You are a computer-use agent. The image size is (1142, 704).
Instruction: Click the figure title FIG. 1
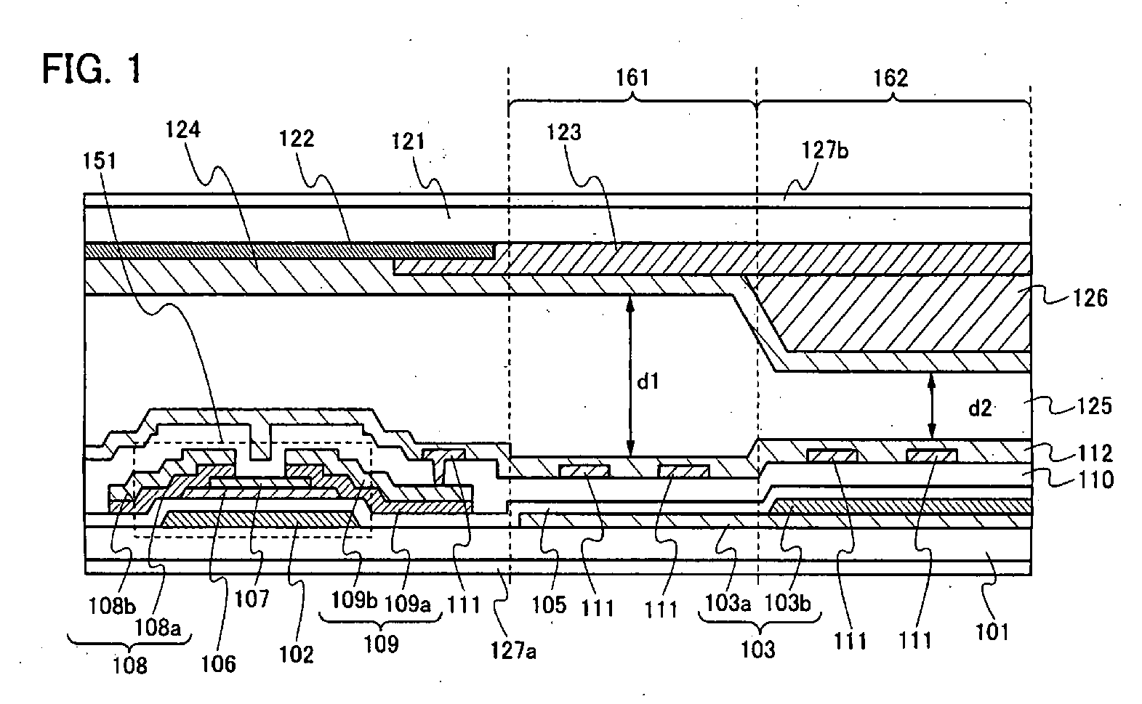point(92,69)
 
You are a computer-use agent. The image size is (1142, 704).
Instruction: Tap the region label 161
point(632,78)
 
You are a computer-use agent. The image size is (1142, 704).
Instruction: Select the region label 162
point(890,78)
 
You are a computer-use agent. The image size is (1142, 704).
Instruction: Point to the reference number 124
point(182,130)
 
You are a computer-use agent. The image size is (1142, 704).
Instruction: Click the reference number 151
point(100,161)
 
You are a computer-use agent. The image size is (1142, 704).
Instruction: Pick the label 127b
point(825,150)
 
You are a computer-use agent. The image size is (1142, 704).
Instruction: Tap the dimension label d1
point(648,381)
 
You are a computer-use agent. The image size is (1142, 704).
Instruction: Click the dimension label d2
point(980,408)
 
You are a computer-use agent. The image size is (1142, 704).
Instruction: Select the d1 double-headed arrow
point(630,376)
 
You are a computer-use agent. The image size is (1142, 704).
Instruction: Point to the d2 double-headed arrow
point(931,406)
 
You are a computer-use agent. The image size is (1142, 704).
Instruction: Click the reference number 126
point(1090,298)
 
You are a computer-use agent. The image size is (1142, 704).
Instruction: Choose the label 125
point(1094,406)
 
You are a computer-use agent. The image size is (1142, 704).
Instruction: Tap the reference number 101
point(992,632)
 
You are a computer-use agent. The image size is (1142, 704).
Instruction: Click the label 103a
point(728,603)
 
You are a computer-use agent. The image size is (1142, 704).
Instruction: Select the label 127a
point(513,650)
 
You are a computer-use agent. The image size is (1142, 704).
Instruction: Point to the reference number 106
point(218,664)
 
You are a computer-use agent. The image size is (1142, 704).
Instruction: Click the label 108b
point(112,606)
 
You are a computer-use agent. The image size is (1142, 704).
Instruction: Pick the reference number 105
point(549,605)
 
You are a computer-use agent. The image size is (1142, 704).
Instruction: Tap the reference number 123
point(564,132)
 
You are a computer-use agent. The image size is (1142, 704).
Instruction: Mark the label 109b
point(354,601)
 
